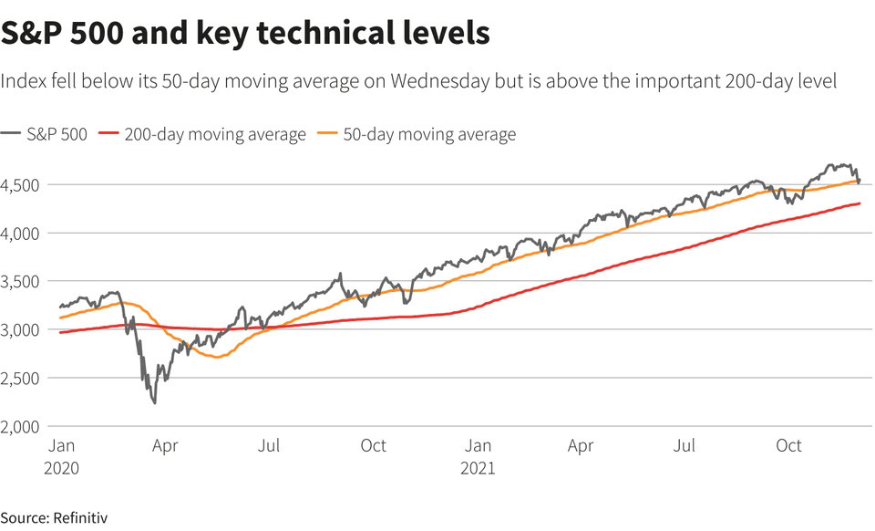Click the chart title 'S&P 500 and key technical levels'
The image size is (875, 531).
coord(246,33)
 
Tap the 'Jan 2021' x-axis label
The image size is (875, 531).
coord(479,456)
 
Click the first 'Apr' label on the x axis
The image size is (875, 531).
coord(164,446)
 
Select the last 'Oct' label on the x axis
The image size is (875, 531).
coord(788,446)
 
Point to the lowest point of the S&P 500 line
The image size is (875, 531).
coord(155,402)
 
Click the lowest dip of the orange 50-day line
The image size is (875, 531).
coord(218,357)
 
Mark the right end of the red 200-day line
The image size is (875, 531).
coord(860,203)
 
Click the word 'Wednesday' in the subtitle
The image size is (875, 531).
coord(433,81)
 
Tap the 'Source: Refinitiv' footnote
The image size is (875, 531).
coord(55,518)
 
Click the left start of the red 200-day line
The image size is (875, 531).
coord(60,332)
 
